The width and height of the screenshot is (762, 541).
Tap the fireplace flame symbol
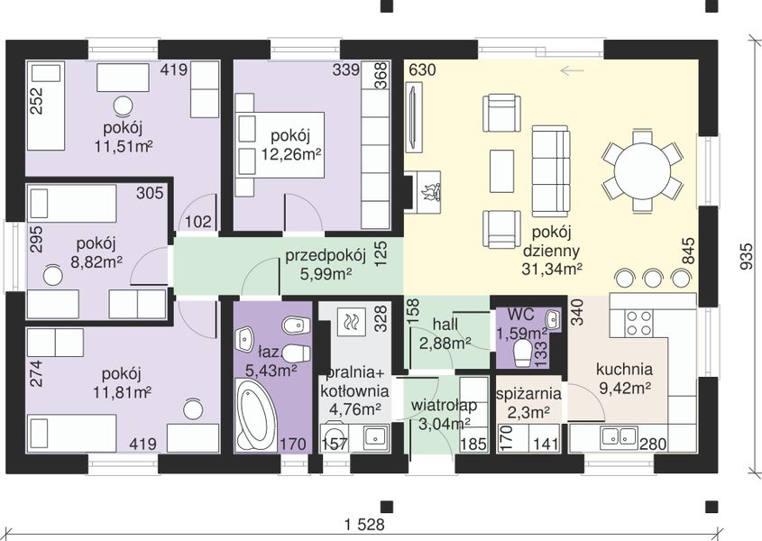click(430, 191)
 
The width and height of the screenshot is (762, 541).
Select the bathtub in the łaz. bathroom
click(255, 414)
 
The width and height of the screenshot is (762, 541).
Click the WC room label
click(521, 314)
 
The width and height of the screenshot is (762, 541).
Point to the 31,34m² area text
click(552, 269)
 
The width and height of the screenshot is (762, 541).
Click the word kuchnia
click(624, 370)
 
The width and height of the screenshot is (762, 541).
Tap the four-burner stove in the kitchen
click(638, 323)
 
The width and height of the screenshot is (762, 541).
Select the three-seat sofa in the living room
click(551, 170)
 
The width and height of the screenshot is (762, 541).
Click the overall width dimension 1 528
click(364, 525)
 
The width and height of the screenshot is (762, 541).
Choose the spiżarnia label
click(528, 394)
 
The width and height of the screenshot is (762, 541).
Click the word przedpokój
click(326, 256)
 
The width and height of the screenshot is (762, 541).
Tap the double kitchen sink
click(620, 436)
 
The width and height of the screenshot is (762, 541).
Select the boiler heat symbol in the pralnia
click(351, 321)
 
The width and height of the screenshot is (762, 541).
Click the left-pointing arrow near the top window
click(572, 71)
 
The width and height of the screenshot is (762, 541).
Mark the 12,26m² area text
click(291, 154)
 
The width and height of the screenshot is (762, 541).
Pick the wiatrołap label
click(444, 405)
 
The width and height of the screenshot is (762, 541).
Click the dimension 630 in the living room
click(422, 70)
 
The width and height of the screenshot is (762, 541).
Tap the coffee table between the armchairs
click(501, 171)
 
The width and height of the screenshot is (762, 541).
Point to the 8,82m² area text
click(96, 262)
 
